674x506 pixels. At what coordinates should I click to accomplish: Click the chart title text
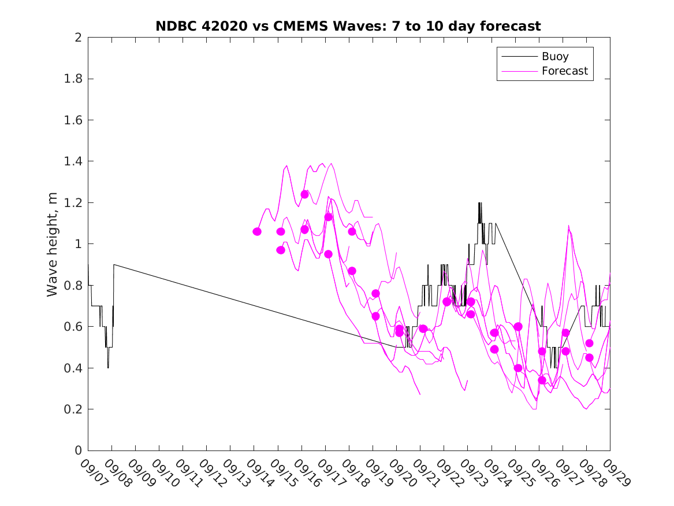click(348, 27)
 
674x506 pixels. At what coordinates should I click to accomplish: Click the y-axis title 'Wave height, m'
click(53, 244)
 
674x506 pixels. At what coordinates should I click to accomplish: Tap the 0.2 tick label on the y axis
click(73, 409)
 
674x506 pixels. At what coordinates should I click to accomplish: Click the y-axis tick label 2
click(77, 38)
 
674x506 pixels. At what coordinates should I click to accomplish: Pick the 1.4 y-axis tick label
click(73, 161)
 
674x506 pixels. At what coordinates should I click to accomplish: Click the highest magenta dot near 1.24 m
click(304, 194)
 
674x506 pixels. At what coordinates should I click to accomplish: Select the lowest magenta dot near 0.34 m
click(542, 380)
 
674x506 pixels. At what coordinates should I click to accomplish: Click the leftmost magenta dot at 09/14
click(257, 231)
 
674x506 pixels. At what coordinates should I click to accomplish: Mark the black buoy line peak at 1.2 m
click(479, 203)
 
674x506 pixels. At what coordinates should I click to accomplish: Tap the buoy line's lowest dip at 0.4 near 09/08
click(108, 367)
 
